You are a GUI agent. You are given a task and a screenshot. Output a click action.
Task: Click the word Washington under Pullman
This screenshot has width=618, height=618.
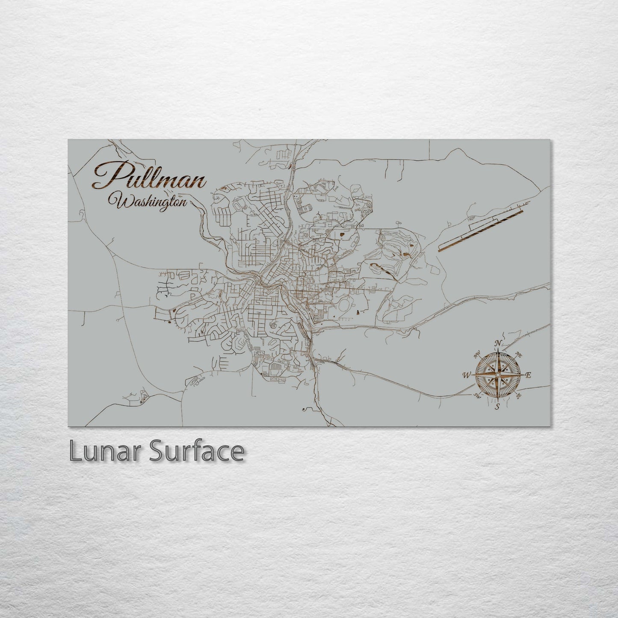tap(148, 200)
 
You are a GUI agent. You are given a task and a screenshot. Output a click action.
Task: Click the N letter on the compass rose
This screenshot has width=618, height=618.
tap(498, 343)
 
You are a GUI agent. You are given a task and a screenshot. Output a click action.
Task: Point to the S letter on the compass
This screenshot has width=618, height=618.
tap(497, 407)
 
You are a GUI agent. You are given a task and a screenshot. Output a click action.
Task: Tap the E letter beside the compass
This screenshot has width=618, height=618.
tap(528, 375)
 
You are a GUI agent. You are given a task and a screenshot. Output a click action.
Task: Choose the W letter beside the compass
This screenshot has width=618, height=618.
tap(465, 376)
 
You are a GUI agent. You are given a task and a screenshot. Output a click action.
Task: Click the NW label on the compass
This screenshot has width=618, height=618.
tap(476, 355)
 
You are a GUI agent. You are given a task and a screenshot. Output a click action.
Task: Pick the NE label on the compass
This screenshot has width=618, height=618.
tap(518, 354)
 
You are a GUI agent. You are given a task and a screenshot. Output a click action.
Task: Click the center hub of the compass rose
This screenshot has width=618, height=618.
tap(497, 375)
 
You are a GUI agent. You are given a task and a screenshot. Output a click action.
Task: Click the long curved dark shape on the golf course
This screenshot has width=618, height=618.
tap(381, 269)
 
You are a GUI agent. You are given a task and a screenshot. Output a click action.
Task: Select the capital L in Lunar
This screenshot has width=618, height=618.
tap(76, 452)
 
